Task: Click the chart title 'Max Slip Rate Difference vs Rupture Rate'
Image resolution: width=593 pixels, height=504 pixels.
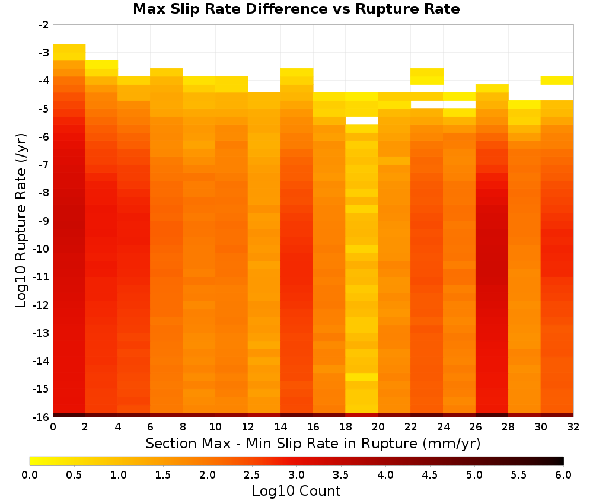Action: coord(296,9)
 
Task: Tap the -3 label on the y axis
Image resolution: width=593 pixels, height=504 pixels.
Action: coord(44,53)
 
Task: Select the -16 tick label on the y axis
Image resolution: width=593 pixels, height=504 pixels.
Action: coord(42,417)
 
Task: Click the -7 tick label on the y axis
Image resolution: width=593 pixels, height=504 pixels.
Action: coord(44,165)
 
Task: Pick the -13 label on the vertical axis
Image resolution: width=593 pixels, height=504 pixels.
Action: coord(42,333)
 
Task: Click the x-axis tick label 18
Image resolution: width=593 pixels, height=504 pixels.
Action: coord(346,427)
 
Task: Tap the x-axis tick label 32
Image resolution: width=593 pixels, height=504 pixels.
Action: coord(573,427)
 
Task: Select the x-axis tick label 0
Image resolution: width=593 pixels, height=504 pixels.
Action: coord(53,427)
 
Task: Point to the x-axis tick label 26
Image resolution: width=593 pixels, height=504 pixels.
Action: coord(476,427)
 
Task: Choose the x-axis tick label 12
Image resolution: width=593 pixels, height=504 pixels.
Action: coord(248,427)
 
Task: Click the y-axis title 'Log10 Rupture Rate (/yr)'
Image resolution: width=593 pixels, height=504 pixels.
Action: coord(21,221)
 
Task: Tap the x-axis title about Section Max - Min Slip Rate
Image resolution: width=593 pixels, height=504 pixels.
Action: coord(313,443)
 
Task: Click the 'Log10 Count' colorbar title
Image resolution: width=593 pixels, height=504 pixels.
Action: coord(296,491)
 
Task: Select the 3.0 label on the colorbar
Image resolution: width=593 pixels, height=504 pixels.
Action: coord(296,475)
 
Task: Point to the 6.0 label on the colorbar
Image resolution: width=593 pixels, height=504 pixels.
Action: coord(563,475)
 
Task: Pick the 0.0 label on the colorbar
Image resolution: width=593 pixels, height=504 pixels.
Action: coord(30,475)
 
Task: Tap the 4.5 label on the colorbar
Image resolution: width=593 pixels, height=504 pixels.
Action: coord(430,475)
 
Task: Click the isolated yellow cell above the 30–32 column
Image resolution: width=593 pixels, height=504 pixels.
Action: coord(557,81)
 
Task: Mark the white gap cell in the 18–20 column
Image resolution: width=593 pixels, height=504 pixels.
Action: coord(362,120)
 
